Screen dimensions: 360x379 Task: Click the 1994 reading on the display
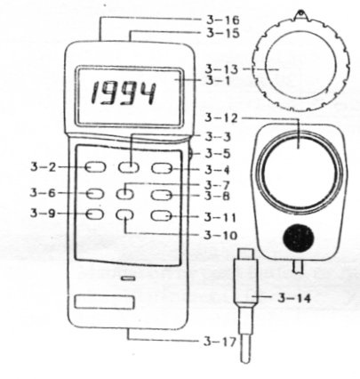coord(124,93)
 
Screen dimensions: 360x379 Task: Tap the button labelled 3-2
coord(95,167)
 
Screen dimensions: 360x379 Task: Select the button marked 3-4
coord(162,168)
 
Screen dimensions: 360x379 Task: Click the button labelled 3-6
coord(95,194)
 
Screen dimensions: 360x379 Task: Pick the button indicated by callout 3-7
coord(124,194)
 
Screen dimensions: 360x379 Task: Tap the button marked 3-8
coord(162,195)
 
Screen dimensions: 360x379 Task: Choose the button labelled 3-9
coord(95,214)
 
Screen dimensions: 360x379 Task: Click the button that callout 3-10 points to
coord(124,215)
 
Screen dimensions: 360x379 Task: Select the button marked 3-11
coord(162,215)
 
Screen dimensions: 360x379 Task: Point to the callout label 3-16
coord(222,20)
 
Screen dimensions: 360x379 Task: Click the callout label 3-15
coord(222,33)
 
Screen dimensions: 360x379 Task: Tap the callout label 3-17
coord(220,342)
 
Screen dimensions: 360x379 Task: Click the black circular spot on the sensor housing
coord(299,238)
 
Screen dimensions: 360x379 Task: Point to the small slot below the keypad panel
coord(128,278)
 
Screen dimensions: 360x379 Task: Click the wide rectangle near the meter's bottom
coord(104,302)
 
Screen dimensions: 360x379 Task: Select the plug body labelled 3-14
coord(246,282)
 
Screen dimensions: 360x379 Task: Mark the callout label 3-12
coord(221,118)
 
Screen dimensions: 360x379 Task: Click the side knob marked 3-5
coord(190,154)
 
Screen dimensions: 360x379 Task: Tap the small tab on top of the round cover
coord(301,15)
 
